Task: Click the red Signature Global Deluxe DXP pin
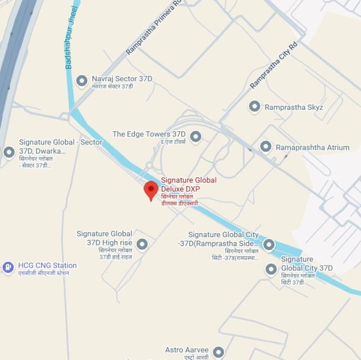click(151, 190)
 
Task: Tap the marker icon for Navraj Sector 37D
click(82, 81)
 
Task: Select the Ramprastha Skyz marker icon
click(254, 107)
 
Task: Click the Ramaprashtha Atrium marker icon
click(265, 147)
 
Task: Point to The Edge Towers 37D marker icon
click(195, 136)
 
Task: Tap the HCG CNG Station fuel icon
click(8, 267)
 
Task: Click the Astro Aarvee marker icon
click(218, 352)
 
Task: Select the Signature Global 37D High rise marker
click(142, 244)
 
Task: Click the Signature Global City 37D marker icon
click(271, 269)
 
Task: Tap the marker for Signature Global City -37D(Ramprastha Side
click(269, 244)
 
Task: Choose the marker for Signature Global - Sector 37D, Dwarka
click(9, 152)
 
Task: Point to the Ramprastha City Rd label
click(273, 65)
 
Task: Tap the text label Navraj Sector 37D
click(122, 79)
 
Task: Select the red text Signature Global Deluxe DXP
click(189, 184)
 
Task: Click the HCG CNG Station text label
click(47, 266)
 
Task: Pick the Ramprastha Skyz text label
click(294, 107)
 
